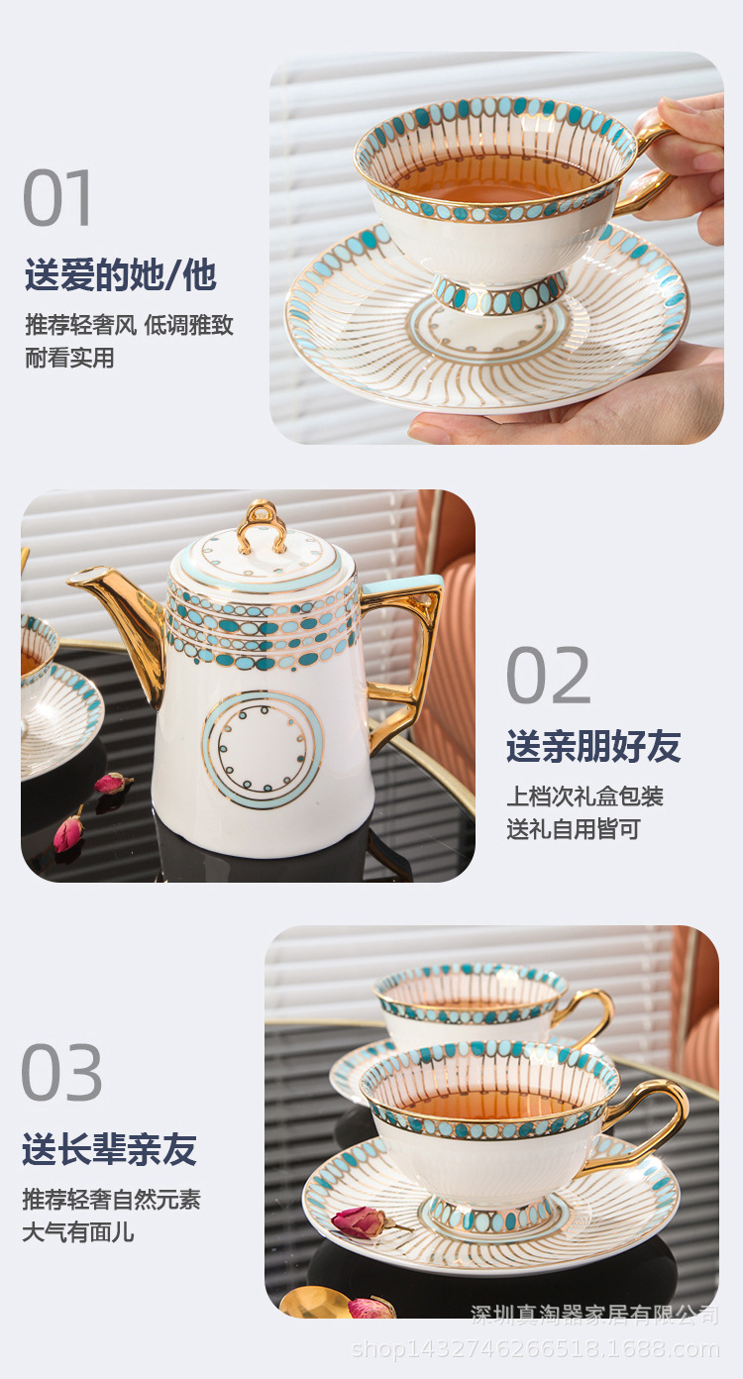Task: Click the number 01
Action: pos(58,199)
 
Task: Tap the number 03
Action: pos(62,1073)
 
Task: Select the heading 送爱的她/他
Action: pos(120,275)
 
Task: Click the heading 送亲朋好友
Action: pos(593,746)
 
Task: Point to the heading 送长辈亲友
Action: pos(109,1149)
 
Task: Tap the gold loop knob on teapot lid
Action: pos(263,525)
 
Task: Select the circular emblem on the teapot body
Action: pos(263,749)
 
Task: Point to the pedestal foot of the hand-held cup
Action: pos(499,294)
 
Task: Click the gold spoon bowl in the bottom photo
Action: pos(314,1302)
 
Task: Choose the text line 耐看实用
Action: pos(69,359)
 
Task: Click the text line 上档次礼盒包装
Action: pos(584,796)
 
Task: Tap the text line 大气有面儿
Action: pos(78,1232)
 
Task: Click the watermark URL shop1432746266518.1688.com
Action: pos(536,1349)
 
